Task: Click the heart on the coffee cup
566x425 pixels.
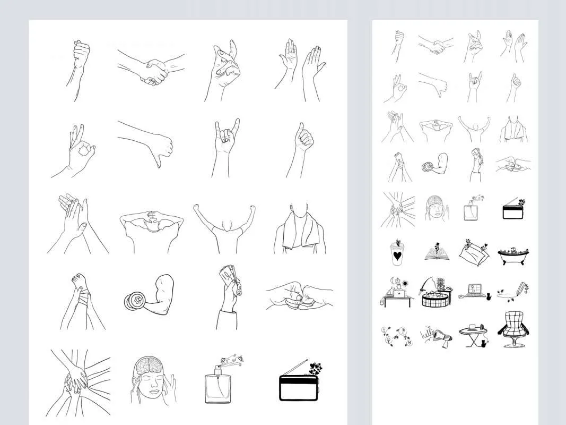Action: pos(397,256)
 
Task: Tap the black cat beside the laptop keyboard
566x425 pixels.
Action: pos(488,296)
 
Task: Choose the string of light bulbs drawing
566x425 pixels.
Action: pos(396,336)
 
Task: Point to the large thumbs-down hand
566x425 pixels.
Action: pos(157,146)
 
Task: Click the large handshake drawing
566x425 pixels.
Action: pos(153,69)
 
